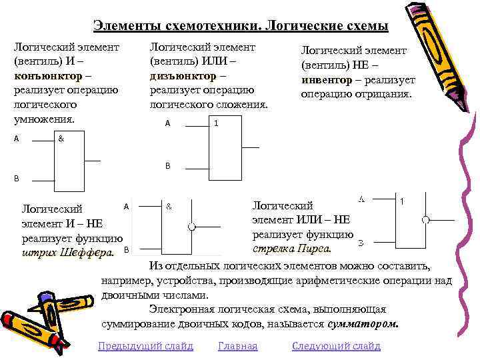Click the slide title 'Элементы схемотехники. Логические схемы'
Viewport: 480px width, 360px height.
pyautogui.click(x=241, y=26)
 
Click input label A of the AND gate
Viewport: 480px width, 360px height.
pyautogui.click(x=16, y=139)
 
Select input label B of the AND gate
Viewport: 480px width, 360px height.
pyautogui.click(x=16, y=179)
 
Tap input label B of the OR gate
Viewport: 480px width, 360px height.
pyautogui.click(x=168, y=165)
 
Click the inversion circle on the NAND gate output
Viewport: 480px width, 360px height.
pyautogui.click(x=191, y=226)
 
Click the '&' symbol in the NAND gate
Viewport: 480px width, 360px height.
pyautogui.click(x=169, y=207)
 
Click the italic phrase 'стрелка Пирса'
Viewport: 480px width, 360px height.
pyautogui.click(x=292, y=249)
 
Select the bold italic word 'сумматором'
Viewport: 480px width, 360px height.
pyautogui.click(x=363, y=324)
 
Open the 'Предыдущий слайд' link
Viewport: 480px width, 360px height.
pyautogui.click(x=145, y=346)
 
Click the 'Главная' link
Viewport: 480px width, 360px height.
pyautogui.click(x=238, y=346)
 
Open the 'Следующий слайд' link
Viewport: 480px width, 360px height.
pyautogui.click(x=336, y=346)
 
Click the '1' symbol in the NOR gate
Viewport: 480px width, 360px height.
pyautogui.click(x=402, y=201)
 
